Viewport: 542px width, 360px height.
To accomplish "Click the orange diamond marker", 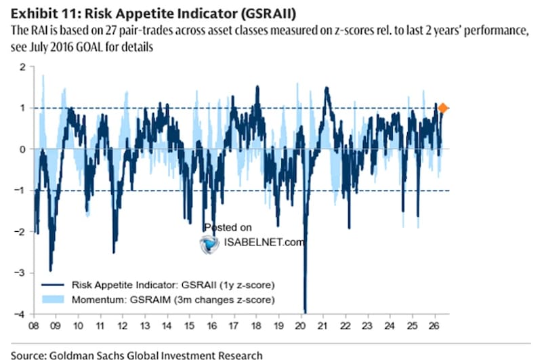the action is [x=443, y=108].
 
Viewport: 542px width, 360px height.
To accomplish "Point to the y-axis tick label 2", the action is [x=23, y=67].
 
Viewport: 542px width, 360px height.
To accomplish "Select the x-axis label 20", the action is [x=300, y=326].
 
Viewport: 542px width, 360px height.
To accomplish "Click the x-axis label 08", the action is [x=33, y=326].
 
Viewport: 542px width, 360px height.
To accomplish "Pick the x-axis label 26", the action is [x=434, y=326].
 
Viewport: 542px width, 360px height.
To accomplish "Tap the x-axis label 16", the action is [x=211, y=326].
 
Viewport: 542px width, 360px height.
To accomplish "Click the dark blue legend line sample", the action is [x=53, y=285].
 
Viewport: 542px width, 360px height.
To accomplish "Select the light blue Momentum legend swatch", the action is [x=53, y=300].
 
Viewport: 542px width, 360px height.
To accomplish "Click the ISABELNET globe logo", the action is [x=209, y=244].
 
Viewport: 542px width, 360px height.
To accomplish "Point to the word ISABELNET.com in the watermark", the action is [x=264, y=242].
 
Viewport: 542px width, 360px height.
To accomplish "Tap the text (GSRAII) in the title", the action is [x=268, y=14].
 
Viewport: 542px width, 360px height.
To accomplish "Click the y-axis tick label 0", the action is [x=23, y=149].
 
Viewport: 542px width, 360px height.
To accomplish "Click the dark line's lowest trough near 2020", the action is [x=306, y=313].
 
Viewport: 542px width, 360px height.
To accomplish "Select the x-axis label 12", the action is [x=123, y=326].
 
